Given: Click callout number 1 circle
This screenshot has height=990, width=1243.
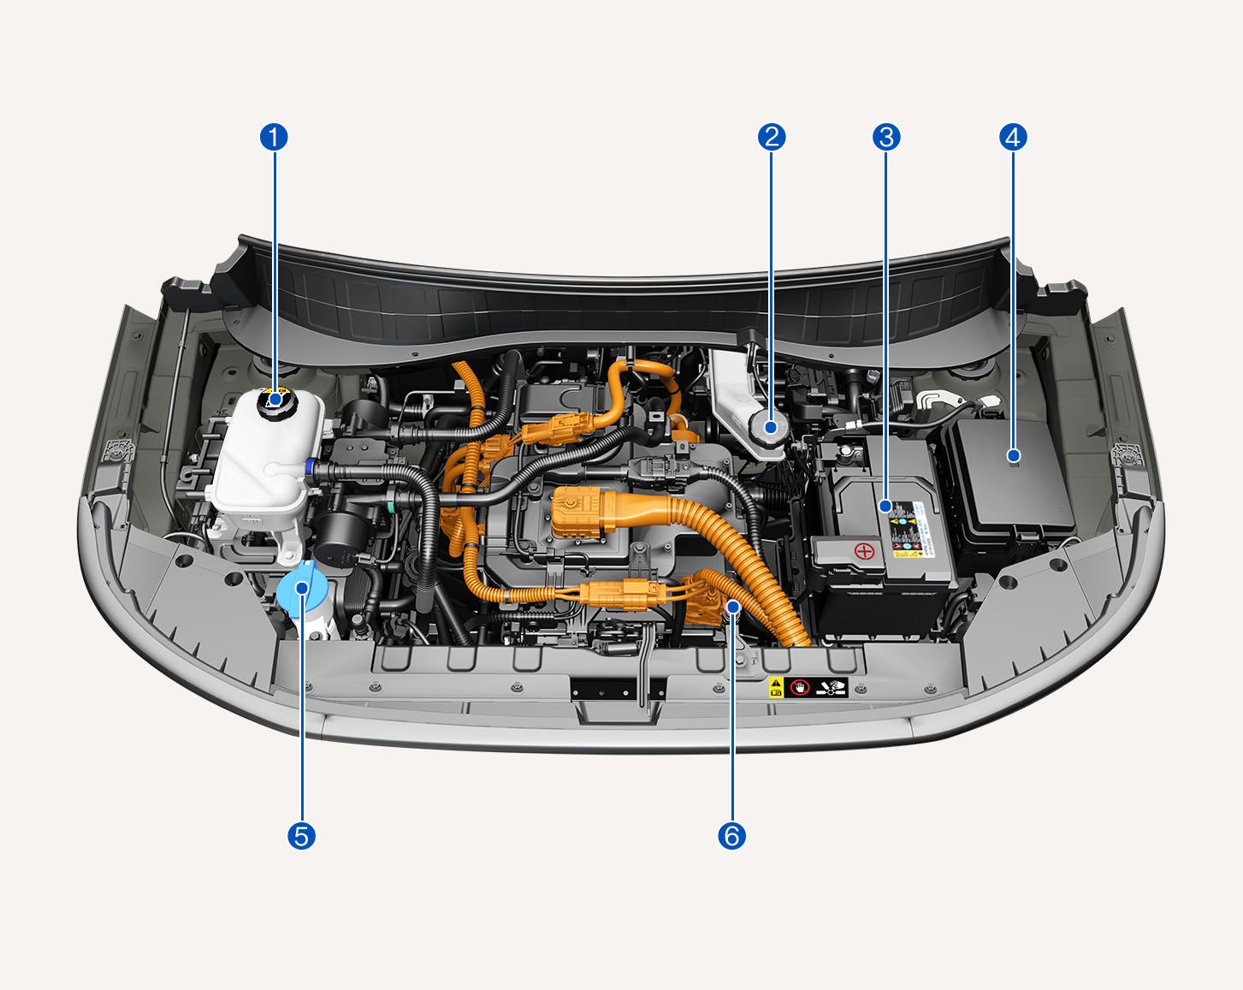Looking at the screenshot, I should [274, 137].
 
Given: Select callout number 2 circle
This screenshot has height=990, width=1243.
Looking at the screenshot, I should [772, 137].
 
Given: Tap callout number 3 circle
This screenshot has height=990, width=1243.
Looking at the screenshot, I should [885, 137].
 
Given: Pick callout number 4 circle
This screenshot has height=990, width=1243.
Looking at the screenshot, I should [1014, 137].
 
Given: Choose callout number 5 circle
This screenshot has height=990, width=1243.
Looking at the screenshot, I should [301, 835].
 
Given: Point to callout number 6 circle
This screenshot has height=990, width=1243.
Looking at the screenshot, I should [732, 835].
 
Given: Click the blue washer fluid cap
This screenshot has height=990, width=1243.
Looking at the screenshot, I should [299, 590].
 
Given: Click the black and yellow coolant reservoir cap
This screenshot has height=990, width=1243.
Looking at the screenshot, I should [275, 400].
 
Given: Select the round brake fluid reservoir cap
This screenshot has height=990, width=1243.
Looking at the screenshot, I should [770, 427].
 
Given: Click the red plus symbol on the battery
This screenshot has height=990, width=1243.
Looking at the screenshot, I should [865, 550].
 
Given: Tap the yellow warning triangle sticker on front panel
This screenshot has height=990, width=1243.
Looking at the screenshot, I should [776, 686].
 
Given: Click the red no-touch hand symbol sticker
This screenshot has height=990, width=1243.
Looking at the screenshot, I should [799, 687].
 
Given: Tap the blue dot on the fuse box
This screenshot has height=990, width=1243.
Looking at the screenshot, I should [1014, 455].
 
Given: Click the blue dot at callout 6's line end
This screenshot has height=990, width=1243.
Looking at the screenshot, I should [733, 606].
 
